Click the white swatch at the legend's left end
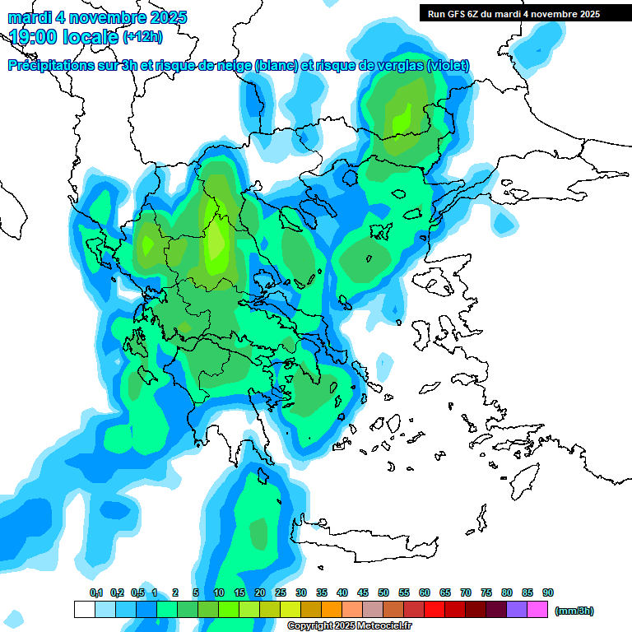coord(84,609)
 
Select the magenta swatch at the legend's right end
coord(537,609)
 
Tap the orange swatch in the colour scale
coord(332,609)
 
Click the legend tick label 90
coord(548,592)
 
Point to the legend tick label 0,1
coord(96,592)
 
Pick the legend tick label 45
coord(363,592)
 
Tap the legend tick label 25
coord(281,592)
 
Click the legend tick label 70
coord(466,592)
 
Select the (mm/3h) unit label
coord(574,611)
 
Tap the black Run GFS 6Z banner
coord(522,14)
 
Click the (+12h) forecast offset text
coord(142,37)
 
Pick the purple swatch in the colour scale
coord(517,609)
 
